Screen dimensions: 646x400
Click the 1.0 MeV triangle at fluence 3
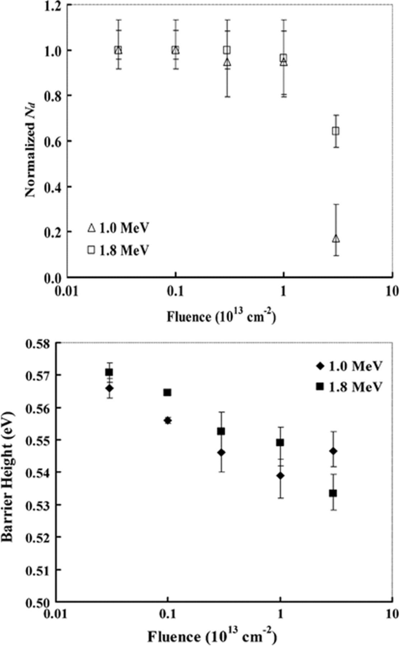point(336,239)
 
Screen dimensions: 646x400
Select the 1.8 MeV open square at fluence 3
point(336,131)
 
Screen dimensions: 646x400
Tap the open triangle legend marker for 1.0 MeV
point(91,228)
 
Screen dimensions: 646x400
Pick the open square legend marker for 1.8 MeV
point(91,250)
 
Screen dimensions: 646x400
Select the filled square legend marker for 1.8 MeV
point(320,387)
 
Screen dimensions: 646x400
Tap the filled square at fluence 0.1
point(167,393)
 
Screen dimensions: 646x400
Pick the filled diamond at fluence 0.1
point(167,420)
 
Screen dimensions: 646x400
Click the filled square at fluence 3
point(333,493)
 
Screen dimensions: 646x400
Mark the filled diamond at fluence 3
point(333,451)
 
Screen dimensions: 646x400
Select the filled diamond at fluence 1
point(280,476)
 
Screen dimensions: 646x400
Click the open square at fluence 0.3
point(227,50)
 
